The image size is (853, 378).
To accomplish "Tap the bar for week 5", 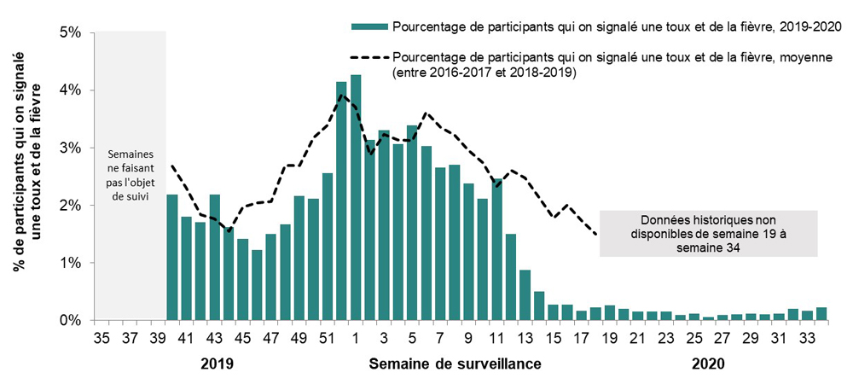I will (x=412, y=223).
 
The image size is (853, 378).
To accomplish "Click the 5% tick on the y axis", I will (x=68, y=32).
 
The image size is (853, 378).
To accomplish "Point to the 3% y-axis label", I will (x=68, y=148).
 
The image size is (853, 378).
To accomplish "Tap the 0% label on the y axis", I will (x=68, y=321).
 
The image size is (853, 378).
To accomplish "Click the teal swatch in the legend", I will (x=368, y=26).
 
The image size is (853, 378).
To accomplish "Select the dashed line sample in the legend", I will (x=368, y=57).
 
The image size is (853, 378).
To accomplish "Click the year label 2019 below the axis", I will (x=217, y=363).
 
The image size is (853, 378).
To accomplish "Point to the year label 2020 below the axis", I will (x=707, y=363).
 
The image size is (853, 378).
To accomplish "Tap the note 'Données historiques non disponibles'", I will (x=709, y=233).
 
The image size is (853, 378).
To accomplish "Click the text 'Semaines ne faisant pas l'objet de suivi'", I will (x=130, y=177).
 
